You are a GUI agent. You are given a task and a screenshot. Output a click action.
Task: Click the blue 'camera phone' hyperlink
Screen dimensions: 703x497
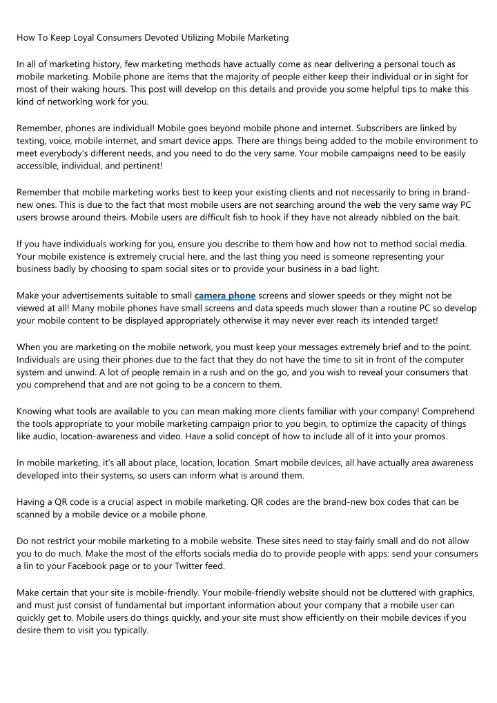(225, 295)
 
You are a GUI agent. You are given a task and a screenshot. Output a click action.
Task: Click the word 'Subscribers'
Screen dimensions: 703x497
(393, 128)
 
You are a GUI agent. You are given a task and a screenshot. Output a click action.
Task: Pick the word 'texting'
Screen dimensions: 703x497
(31, 140)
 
